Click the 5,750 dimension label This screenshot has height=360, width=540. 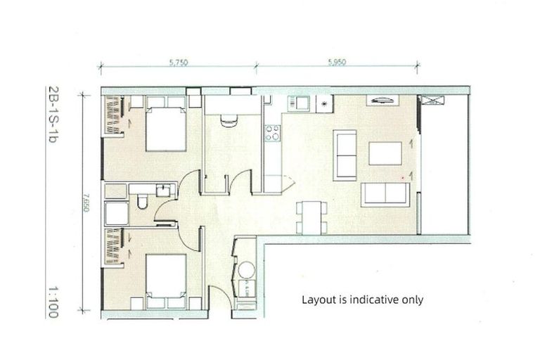click(178, 62)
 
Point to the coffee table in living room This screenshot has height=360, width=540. click(385, 153)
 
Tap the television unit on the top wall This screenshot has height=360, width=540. click(383, 101)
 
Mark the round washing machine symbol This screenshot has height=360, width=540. click(246, 271)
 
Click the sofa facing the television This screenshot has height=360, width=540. click(385, 193)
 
